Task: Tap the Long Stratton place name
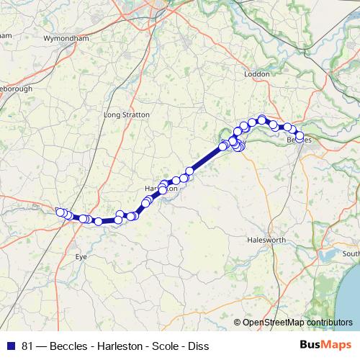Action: click(x=127, y=114)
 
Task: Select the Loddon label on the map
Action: click(x=256, y=74)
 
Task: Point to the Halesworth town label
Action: click(x=266, y=240)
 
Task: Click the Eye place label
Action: click(x=81, y=256)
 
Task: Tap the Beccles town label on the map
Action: click(x=299, y=140)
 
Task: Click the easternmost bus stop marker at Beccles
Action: click(x=300, y=136)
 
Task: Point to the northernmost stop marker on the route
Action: click(x=262, y=119)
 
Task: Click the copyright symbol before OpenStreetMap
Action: click(x=238, y=323)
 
